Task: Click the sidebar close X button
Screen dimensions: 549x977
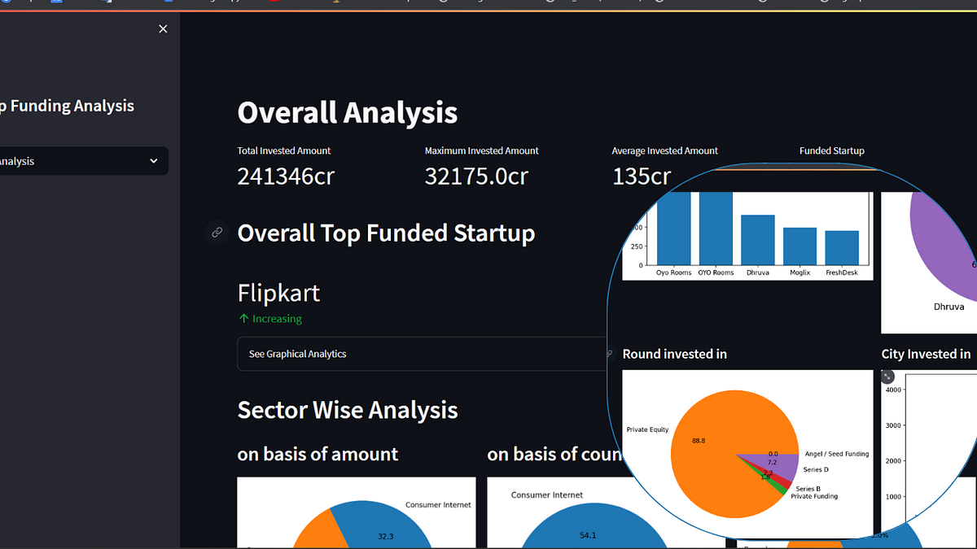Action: [x=163, y=29]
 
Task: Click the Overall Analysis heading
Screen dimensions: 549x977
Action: [x=347, y=112]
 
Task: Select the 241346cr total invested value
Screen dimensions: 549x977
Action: [x=286, y=176]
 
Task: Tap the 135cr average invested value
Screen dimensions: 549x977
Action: [x=642, y=176]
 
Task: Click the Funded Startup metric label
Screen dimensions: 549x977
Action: [x=831, y=150]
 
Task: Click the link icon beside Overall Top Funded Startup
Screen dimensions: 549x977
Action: [x=217, y=233]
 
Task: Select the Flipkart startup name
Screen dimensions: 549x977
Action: [x=278, y=293]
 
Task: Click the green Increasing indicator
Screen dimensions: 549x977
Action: [x=270, y=319]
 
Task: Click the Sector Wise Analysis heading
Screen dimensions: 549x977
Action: [x=347, y=410]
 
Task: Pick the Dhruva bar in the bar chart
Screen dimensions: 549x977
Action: [x=757, y=240]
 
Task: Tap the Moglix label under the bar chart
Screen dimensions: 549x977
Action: [x=799, y=272]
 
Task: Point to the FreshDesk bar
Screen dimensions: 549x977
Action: [x=841, y=248]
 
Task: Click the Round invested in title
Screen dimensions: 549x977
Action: [x=674, y=354]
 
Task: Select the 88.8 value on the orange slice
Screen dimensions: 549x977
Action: [x=699, y=440]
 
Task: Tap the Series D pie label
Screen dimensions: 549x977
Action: [x=816, y=470]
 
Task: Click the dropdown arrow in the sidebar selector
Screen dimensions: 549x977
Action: [x=154, y=161]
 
